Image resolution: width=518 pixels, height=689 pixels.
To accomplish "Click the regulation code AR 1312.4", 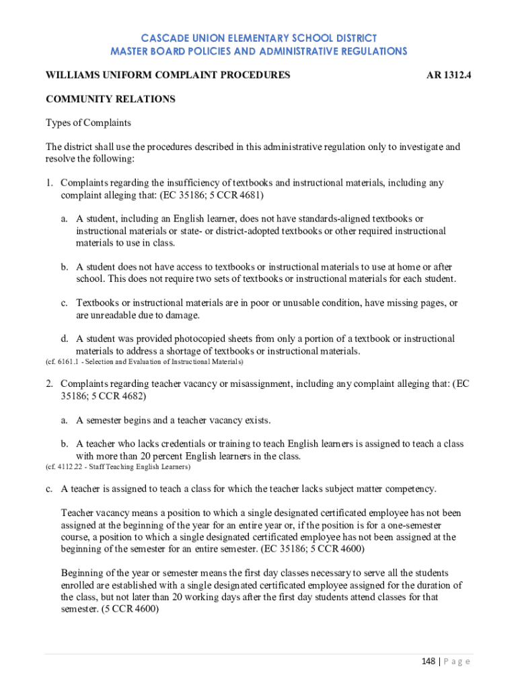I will pos(449,75).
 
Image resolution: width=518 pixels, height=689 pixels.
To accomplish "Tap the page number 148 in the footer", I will pos(427,661).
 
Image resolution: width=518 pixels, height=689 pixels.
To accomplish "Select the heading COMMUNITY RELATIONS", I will pos(110,99).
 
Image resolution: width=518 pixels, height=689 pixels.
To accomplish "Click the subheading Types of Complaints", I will pos(88,123).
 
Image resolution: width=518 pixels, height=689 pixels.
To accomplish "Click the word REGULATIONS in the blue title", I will pos(363,51).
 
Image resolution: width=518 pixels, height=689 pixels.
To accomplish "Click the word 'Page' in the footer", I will pos(458,661).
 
